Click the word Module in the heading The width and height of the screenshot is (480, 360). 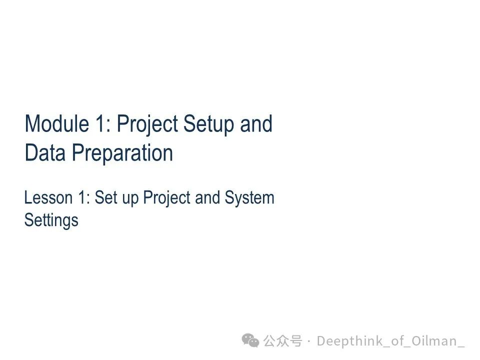pos(57,123)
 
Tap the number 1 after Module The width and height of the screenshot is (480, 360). pos(100,123)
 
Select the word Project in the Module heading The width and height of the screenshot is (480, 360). pos(147,124)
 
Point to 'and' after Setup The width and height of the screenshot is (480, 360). pos(256,123)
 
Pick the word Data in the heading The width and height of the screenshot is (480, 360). pos(45,152)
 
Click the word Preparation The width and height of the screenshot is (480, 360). pos(122,153)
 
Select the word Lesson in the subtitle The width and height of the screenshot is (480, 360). pos(48,197)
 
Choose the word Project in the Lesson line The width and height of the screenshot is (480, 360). pos(167,198)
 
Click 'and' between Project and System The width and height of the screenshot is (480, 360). pos(207,197)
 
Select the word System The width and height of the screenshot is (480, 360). pos(249,198)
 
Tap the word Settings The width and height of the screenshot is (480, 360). pos(51,220)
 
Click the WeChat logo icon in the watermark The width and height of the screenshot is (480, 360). pos(250,340)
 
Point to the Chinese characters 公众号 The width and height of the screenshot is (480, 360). pos(282,341)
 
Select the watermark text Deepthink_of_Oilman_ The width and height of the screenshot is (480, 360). pos(390,341)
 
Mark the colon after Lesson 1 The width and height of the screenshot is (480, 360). pos(88,199)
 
